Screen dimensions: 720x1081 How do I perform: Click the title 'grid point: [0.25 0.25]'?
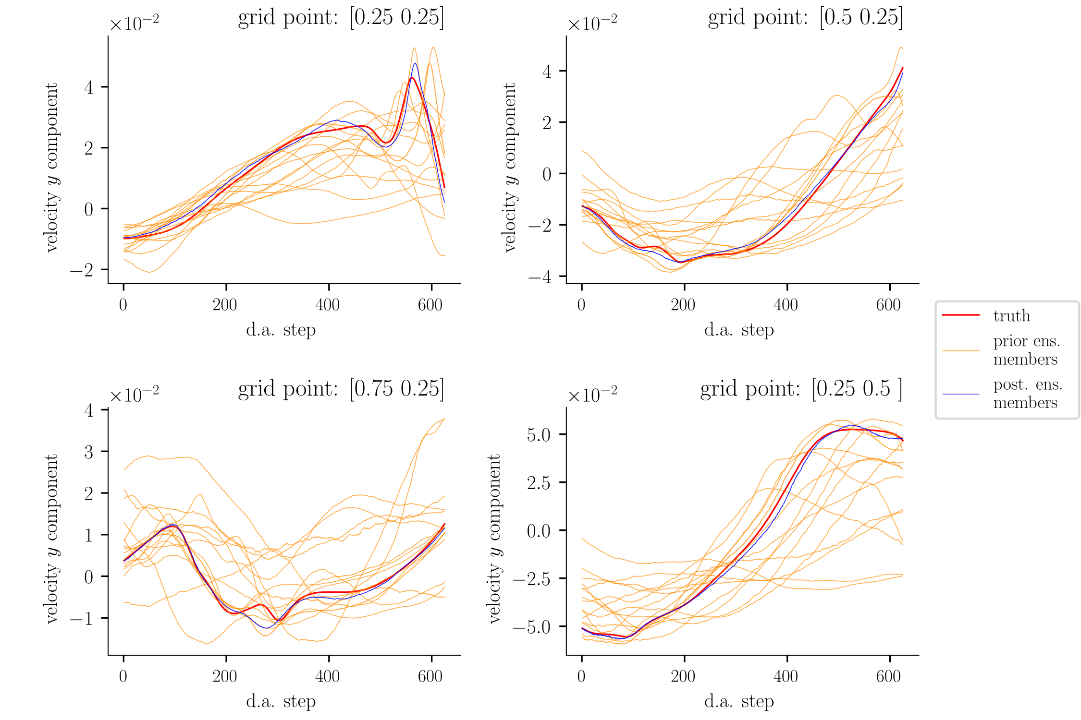(341, 18)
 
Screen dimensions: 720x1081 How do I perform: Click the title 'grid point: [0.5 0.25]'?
(805, 18)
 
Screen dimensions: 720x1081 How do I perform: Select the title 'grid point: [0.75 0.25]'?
(341, 389)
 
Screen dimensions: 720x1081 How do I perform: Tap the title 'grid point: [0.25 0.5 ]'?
(801, 389)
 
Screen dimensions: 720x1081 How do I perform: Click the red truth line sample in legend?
(961, 315)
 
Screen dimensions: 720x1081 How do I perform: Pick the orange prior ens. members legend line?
(961, 351)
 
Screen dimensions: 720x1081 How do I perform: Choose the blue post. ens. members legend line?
(961, 394)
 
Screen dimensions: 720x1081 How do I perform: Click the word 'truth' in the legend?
(1012, 316)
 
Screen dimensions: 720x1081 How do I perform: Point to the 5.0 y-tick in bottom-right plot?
(539, 435)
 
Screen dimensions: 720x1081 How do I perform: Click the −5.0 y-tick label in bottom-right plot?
(532, 627)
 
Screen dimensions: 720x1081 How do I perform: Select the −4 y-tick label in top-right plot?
(540, 277)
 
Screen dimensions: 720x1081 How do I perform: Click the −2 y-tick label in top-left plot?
(82, 270)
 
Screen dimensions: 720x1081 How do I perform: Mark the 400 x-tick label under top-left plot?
(328, 305)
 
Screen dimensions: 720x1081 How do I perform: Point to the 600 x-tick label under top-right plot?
(888, 305)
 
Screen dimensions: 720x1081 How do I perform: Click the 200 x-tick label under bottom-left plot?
(225, 676)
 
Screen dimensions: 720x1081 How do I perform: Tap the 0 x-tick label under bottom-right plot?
(581, 676)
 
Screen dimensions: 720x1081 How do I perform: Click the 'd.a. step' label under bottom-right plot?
(739, 702)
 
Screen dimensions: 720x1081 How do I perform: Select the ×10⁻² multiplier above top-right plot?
(592, 23)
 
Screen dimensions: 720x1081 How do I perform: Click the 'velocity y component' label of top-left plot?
(51, 168)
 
